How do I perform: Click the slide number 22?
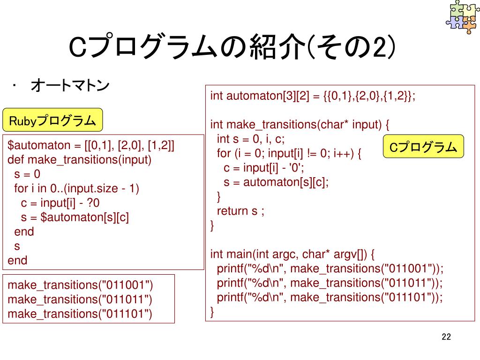pyautogui.click(x=446, y=337)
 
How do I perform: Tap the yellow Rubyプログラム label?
pyautogui.click(x=52, y=121)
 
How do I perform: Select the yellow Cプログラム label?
pyautogui.click(x=423, y=147)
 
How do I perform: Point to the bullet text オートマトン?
pyautogui.click(x=70, y=86)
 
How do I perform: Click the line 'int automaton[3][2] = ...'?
pyautogui.click(x=313, y=96)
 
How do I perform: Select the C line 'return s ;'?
pyautogui.click(x=240, y=211)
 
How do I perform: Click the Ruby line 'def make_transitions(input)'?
pyautogui.click(x=80, y=160)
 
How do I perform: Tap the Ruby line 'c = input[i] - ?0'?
pyautogui.click(x=61, y=203)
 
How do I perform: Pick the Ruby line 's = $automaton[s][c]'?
pyautogui.click(x=75, y=217)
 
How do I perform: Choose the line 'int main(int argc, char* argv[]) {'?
pyautogui.click(x=292, y=255)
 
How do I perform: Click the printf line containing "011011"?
pyautogui.click(x=330, y=283)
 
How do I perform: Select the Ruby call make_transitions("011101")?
pyautogui.click(x=81, y=314)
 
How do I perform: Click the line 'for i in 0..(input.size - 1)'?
pyautogui.click(x=77, y=188)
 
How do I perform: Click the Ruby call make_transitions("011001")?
pyautogui.click(x=81, y=285)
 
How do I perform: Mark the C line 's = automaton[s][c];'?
pyautogui.click(x=276, y=182)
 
